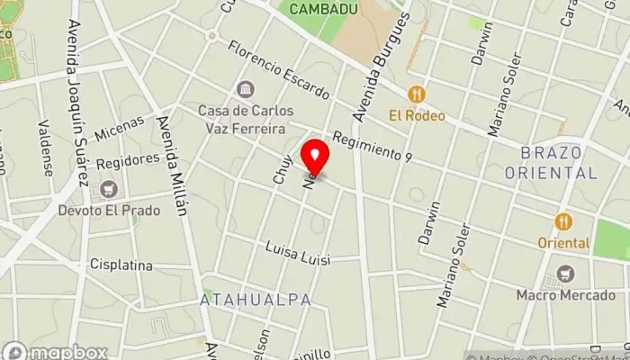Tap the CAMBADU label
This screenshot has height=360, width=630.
click(326, 8)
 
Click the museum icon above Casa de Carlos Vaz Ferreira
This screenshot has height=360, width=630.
click(245, 90)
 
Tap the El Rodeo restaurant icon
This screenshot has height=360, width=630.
click(415, 94)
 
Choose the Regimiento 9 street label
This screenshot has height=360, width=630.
click(372, 147)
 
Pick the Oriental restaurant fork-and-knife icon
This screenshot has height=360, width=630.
click(563, 221)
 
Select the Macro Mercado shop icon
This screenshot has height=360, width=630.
click(566, 274)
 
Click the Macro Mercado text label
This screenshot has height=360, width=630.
click(566, 293)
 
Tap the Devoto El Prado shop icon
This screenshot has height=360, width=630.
click(110, 190)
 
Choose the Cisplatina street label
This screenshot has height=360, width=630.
click(121, 265)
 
